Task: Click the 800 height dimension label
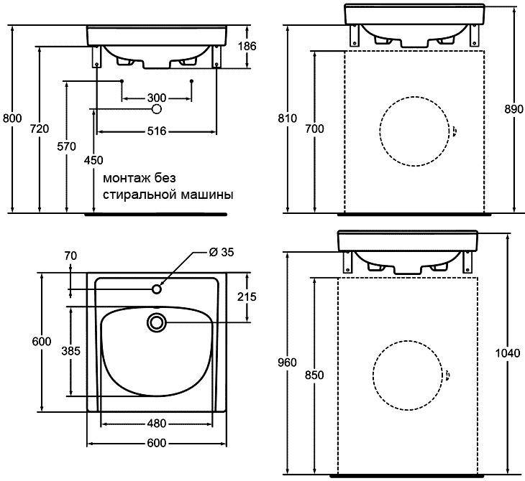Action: [x=12, y=118]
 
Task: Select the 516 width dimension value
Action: [x=157, y=131]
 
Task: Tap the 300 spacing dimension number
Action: [x=157, y=98]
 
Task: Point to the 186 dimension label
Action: [x=247, y=46]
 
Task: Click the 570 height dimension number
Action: [x=66, y=146]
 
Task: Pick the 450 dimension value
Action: [x=93, y=160]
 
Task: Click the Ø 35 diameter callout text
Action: [x=222, y=252]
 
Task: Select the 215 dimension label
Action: [x=247, y=296]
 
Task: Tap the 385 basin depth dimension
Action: [x=71, y=350]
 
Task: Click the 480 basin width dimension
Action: [x=157, y=424]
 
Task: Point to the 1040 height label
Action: [x=508, y=353]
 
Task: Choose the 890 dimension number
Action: [x=513, y=109]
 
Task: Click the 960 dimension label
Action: [x=287, y=363]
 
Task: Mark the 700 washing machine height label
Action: [x=314, y=129]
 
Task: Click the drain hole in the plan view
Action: [x=156, y=322]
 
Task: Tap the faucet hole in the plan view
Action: [x=157, y=289]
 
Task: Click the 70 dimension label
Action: [x=70, y=256]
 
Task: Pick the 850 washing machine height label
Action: [x=314, y=375]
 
